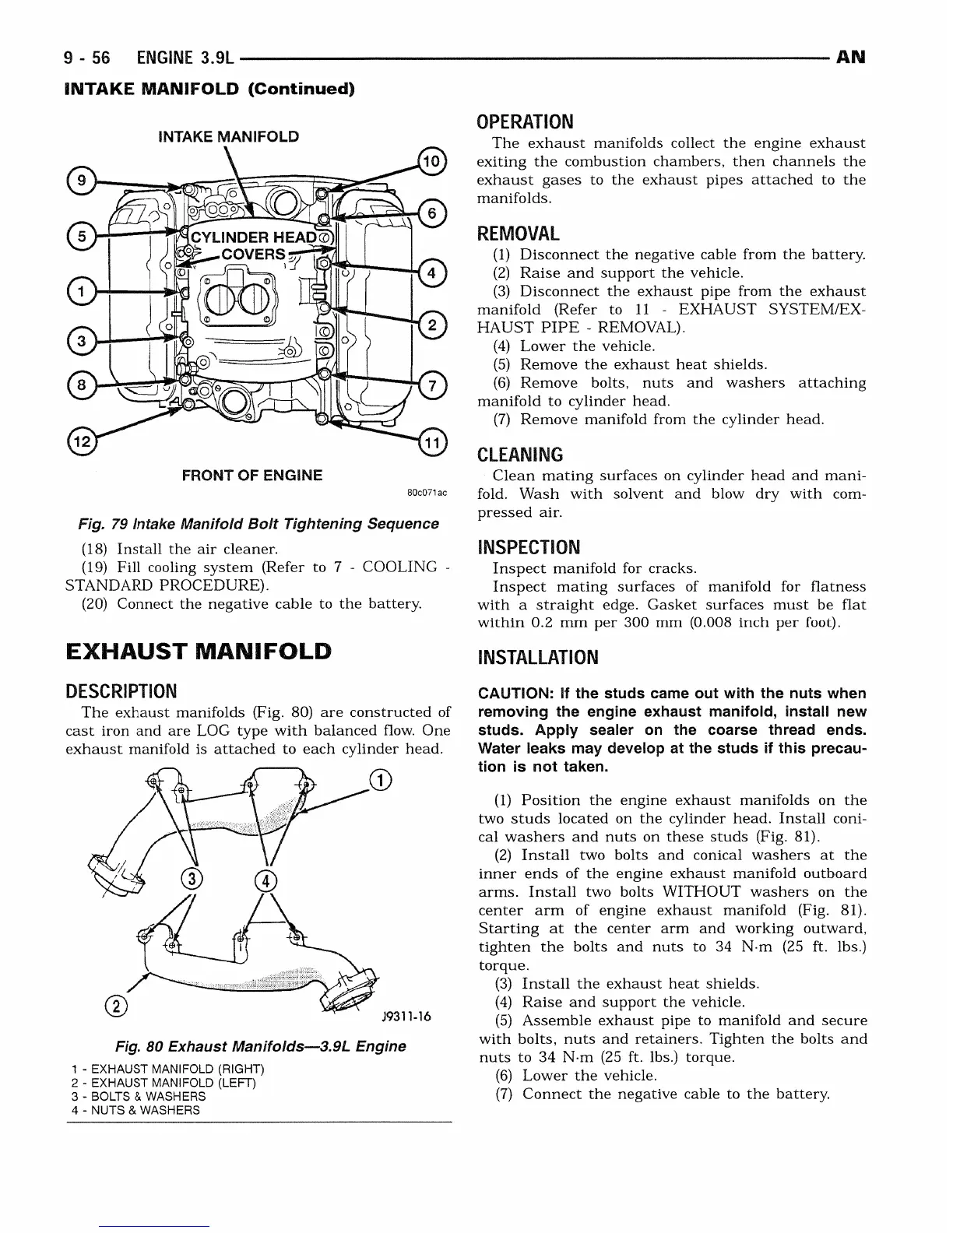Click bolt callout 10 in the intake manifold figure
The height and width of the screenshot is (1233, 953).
[x=431, y=160]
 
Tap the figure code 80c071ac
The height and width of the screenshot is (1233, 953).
[x=427, y=494]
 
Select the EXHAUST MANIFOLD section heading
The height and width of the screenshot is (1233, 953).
[x=198, y=652]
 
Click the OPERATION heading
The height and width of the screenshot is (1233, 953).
[x=525, y=121]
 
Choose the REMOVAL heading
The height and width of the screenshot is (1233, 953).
[x=518, y=234]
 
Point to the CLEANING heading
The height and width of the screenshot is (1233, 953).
[x=519, y=455]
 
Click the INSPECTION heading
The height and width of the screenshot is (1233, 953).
[x=529, y=547]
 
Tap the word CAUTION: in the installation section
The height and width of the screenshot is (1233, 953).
[x=516, y=694]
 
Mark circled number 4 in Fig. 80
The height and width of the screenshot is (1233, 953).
[x=266, y=880]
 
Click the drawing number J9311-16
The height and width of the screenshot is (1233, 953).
[x=406, y=1017]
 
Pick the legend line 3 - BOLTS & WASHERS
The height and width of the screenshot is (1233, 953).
[x=139, y=1096]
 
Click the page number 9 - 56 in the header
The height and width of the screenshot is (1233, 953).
[x=87, y=58]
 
